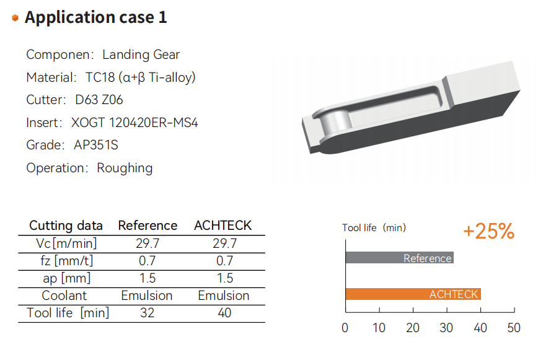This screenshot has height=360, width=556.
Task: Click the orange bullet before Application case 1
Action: (15, 18)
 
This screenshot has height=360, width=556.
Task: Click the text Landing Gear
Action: (141, 55)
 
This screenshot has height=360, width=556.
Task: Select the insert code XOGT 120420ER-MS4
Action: (135, 123)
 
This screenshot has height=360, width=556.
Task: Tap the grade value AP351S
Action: (95, 145)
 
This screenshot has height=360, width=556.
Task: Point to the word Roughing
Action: (125, 168)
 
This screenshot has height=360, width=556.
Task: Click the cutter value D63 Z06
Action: (99, 100)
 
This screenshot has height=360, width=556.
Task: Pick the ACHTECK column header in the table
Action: (223, 226)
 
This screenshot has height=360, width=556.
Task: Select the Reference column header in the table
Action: (148, 226)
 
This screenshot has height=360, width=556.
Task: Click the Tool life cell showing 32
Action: (147, 313)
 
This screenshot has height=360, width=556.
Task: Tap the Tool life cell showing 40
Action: (224, 313)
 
